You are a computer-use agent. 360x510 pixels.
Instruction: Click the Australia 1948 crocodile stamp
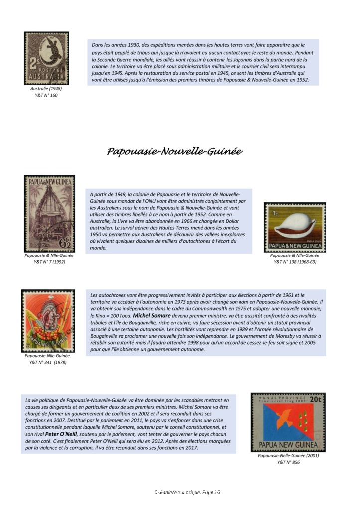[x=46, y=58]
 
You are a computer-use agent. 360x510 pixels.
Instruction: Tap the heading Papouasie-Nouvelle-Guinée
[x=174, y=151]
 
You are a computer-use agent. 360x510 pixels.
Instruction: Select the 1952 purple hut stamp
[x=49, y=213]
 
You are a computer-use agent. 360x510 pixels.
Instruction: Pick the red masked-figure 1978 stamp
[x=48, y=321]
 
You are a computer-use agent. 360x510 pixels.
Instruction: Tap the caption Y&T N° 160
[x=46, y=95]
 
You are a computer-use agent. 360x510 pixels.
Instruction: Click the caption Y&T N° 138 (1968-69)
[x=295, y=262]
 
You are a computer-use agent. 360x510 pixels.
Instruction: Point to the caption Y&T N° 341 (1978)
[x=47, y=363]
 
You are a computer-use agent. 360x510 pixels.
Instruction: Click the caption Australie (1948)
[x=46, y=88]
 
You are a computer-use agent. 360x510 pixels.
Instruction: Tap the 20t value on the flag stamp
[x=315, y=399]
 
